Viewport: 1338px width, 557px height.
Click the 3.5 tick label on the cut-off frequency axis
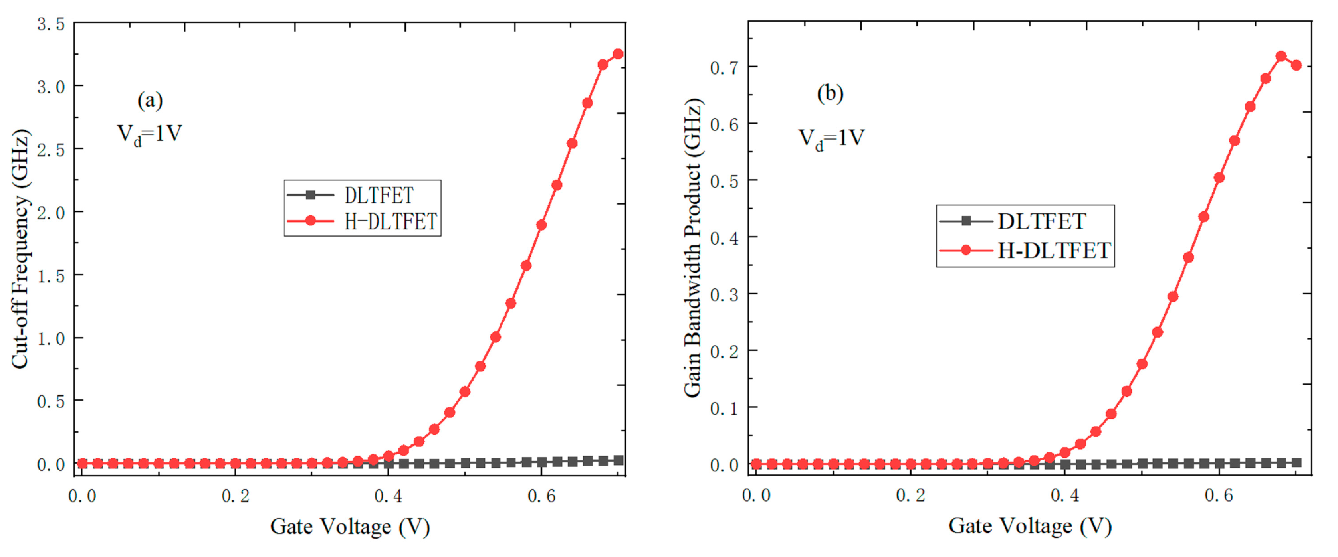(51, 24)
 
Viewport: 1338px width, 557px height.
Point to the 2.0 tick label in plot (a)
(51, 213)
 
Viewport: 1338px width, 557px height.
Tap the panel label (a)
(150, 100)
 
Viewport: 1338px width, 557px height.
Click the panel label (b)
(830, 93)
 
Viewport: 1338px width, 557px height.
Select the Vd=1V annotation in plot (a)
(150, 134)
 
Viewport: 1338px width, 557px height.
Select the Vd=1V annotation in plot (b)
(831, 138)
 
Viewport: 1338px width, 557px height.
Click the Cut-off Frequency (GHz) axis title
(21, 249)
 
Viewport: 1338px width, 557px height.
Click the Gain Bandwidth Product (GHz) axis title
(692, 248)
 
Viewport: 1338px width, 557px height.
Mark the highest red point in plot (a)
(618, 54)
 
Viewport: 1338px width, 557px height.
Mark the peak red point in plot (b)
(1281, 56)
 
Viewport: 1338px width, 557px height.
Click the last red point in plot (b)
(1296, 65)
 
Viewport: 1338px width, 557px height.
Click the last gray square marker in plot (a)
(618, 460)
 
